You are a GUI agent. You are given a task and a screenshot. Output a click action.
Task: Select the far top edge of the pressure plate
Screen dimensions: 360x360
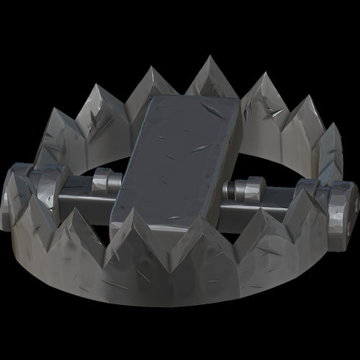195,100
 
